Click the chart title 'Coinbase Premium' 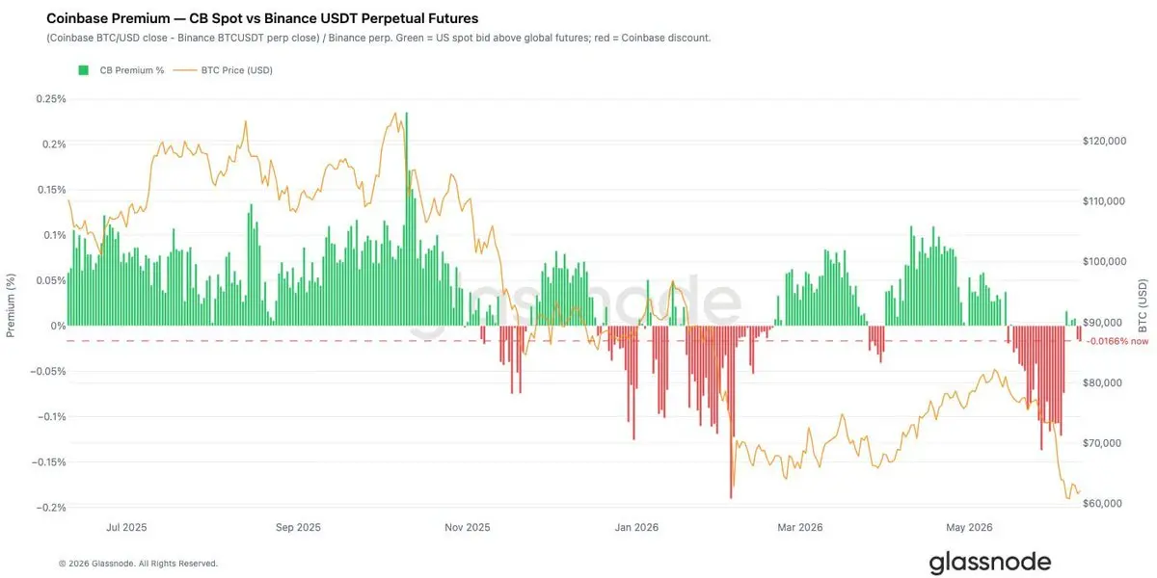[x=108, y=18]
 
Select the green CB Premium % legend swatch [x=83, y=70]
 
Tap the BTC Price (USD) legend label [x=236, y=70]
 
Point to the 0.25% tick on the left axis [x=50, y=98]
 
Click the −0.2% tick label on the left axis [x=50, y=508]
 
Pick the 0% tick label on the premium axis [x=58, y=326]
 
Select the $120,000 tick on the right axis [x=1104, y=141]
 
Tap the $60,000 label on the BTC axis [x=1104, y=503]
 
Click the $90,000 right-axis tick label [x=1104, y=323]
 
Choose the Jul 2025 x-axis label [x=126, y=528]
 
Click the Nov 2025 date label [x=468, y=528]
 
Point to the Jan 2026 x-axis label [x=636, y=528]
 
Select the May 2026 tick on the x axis [x=970, y=528]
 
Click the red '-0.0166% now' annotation [x=1117, y=341]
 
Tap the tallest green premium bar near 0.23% [x=407, y=219]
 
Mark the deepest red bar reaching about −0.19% [x=731, y=412]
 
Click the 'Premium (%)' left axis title [x=11, y=305]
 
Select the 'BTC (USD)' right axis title [x=1143, y=305]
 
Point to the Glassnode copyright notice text [x=138, y=564]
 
